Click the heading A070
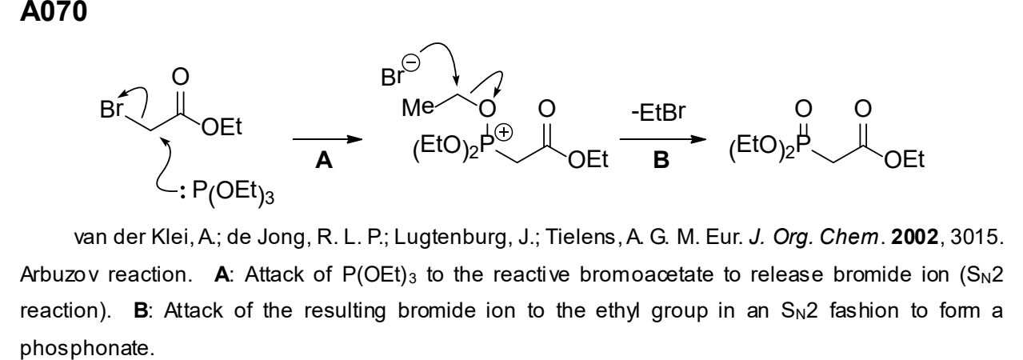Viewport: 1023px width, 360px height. click(x=54, y=11)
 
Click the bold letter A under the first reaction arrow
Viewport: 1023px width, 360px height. click(x=324, y=160)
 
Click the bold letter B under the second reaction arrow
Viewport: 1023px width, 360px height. click(x=661, y=160)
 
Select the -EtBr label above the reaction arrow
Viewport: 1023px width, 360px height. click(x=658, y=112)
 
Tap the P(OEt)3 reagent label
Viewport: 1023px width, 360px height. click(x=233, y=192)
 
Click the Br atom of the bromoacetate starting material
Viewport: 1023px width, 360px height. click(x=111, y=109)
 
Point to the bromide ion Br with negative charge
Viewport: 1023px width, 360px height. click(x=393, y=78)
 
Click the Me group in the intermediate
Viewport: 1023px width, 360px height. click(x=418, y=108)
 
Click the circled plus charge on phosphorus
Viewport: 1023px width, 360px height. click(x=504, y=133)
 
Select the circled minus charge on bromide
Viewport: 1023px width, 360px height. click(x=410, y=62)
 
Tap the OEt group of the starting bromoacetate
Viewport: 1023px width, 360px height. click(x=222, y=126)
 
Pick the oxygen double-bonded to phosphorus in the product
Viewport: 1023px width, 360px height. click(x=804, y=109)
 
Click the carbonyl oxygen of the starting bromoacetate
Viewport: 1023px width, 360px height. click(x=181, y=77)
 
